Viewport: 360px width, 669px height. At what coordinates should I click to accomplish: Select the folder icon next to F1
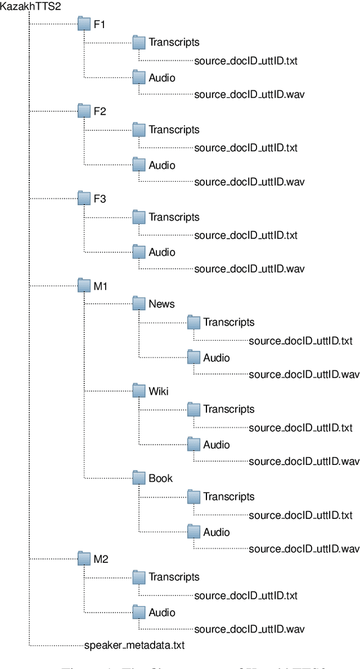tap(84, 24)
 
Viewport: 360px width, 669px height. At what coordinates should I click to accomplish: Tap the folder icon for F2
tap(84, 111)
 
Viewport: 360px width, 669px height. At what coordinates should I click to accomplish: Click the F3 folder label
tap(100, 199)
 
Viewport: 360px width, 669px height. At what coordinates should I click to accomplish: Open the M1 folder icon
tap(84, 286)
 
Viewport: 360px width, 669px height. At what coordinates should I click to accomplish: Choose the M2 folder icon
tap(84, 559)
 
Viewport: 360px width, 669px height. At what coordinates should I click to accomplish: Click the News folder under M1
tap(139, 304)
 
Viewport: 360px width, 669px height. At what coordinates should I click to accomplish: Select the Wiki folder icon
tap(139, 391)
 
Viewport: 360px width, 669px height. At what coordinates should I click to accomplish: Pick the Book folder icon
tap(139, 478)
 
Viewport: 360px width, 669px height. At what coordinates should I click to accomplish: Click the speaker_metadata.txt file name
tap(134, 645)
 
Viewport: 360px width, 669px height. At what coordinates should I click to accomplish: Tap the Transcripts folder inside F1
tap(139, 42)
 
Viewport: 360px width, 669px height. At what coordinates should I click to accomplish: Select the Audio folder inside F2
tap(139, 165)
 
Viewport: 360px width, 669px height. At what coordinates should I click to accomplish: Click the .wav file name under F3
tap(246, 269)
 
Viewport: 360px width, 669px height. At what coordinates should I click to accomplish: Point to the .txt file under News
tap(300, 341)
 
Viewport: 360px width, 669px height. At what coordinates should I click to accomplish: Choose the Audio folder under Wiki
tap(194, 445)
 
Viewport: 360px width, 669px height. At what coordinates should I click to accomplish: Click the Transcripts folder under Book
tap(194, 496)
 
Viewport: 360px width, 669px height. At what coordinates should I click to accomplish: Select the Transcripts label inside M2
tap(174, 577)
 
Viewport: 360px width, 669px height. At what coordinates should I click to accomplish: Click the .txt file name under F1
tap(246, 60)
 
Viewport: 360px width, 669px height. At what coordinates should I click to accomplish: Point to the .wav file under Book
tap(303, 548)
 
